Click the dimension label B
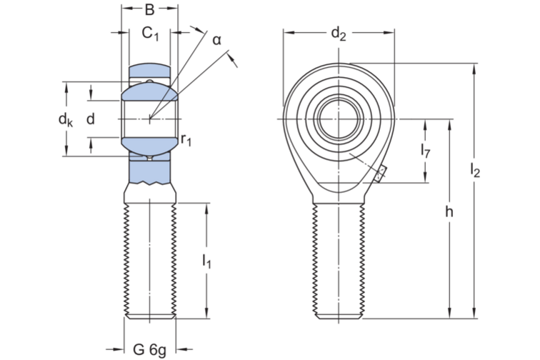[x=149, y=10]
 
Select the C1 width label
[x=151, y=34]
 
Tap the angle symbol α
[x=216, y=40]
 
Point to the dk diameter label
[x=66, y=120]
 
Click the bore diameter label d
[x=90, y=119]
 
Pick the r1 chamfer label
[x=186, y=139]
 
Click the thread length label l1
[x=206, y=261]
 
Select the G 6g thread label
[x=149, y=350]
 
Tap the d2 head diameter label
[x=338, y=34]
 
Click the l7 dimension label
[x=425, y=150]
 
